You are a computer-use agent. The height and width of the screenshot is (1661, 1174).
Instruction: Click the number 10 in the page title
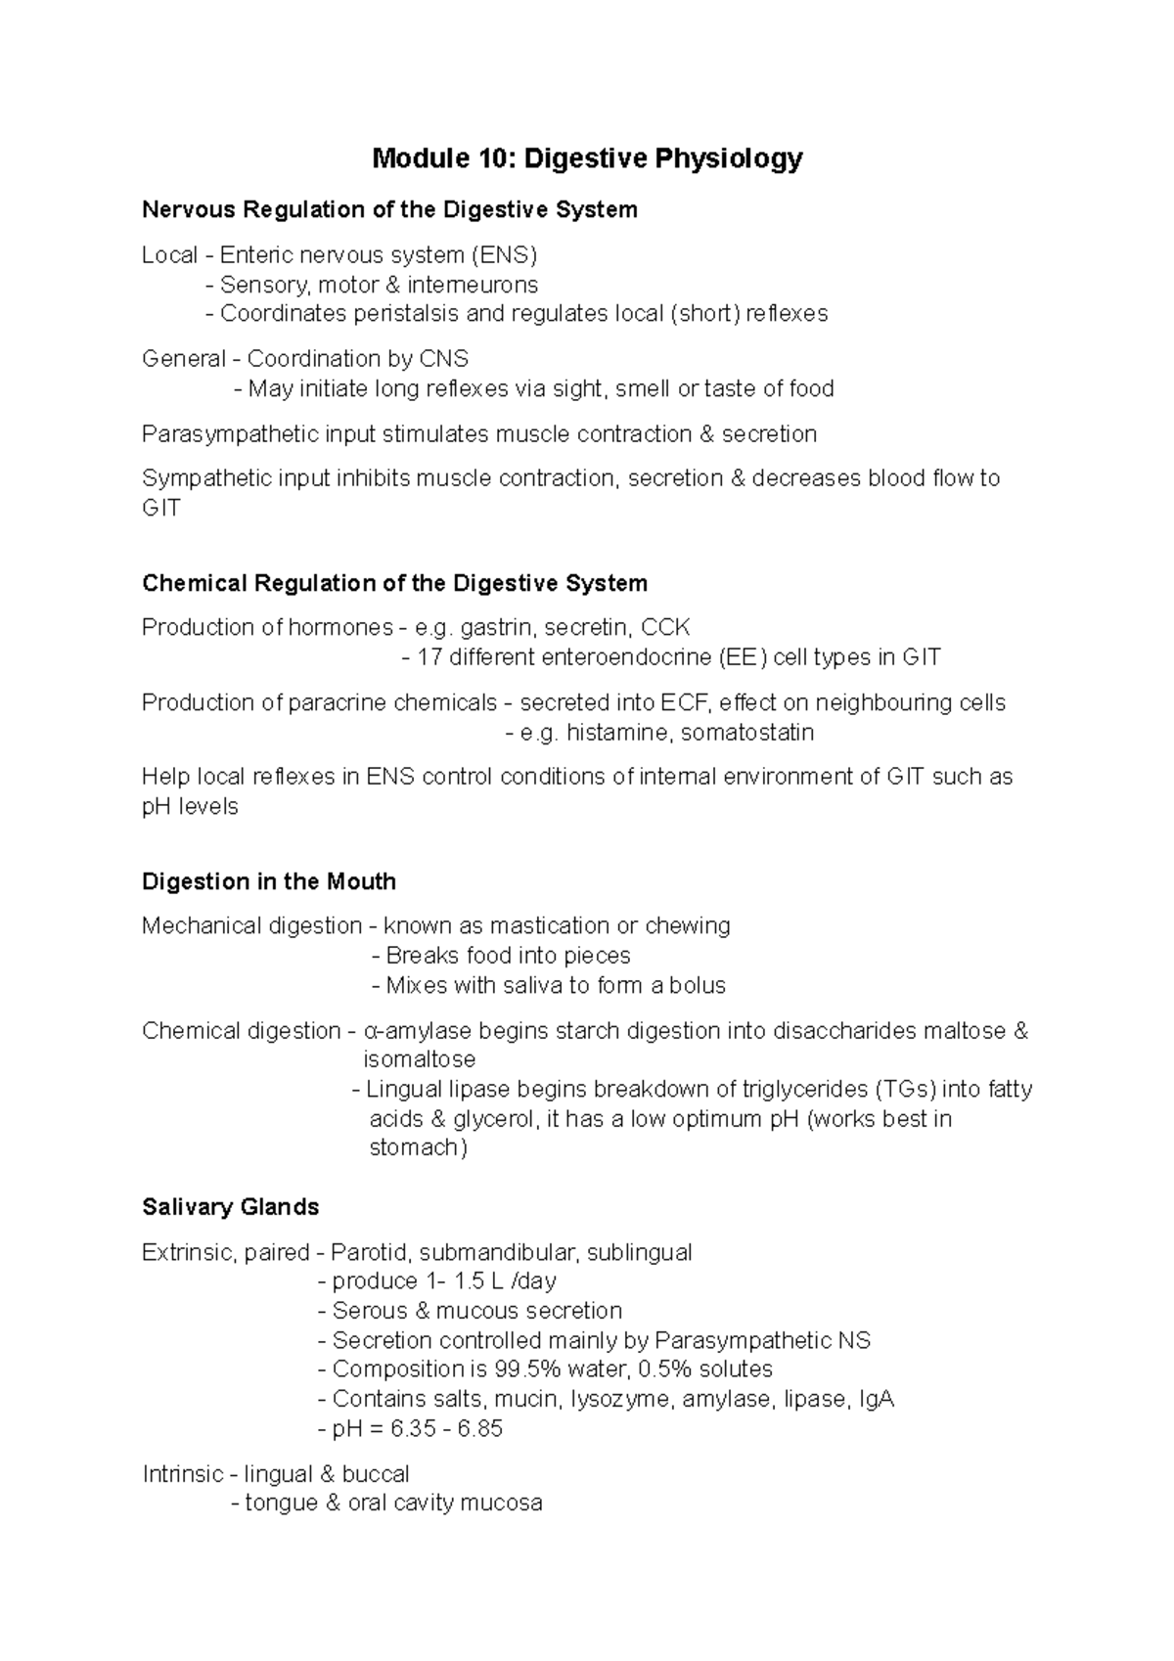(495, 158)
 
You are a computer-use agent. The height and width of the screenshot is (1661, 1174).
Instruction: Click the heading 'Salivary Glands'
(231, 1207)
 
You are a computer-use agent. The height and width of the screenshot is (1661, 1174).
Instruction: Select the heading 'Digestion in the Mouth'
(269, 881)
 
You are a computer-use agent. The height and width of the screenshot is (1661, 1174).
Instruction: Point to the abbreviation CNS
(444, 359)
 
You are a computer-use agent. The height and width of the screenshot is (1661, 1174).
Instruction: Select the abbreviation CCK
(665, 628)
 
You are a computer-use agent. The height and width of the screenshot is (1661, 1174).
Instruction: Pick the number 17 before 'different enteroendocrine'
(429, 657)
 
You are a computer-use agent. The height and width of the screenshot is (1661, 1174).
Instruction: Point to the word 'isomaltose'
(420, 1059)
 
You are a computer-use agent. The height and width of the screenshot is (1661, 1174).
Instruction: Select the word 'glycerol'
(496, 1119)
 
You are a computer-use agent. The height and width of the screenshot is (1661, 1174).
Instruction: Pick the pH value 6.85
(478, 1429)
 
